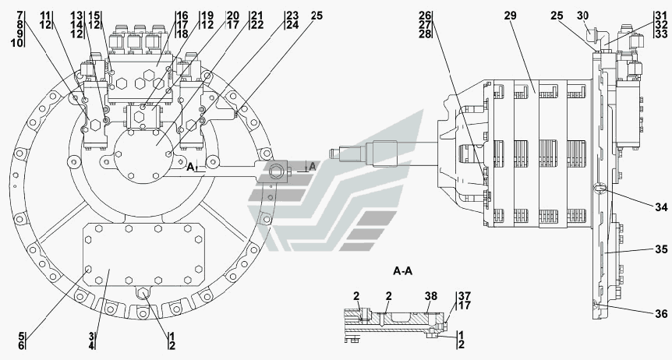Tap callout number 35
click(660, 249)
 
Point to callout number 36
click(660, 314)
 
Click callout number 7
click(19, 15)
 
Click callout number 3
click(91, 336)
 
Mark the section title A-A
click(403, 271)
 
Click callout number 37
click(465, 296)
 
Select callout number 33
click(660, 34)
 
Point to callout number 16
click(181, 15)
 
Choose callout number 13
click(76, 15)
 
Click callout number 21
click(256, 15)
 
